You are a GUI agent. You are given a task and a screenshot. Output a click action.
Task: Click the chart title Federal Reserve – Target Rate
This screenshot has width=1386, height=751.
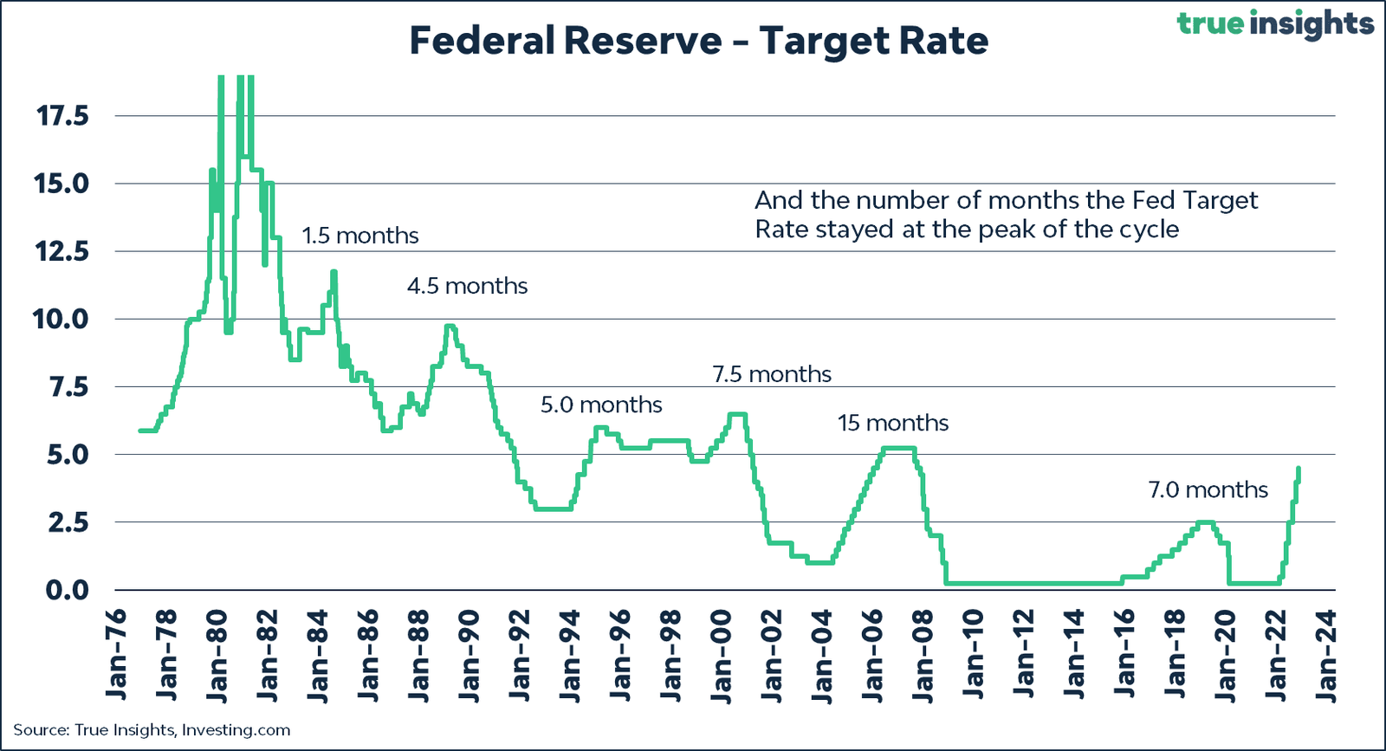(x=698, y=41)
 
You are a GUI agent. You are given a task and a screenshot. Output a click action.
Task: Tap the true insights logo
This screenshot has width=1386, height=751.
(x=1275, y=23)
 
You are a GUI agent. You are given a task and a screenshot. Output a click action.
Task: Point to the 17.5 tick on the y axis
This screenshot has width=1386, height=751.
(x=62, y=115)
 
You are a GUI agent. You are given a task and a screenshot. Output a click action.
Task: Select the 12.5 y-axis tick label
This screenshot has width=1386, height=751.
(x=62, y=251)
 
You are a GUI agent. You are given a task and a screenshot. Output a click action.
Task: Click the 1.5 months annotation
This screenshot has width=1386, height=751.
(x=359, y=236)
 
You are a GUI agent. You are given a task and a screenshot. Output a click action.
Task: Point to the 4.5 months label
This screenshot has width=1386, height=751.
(x=467, y=286)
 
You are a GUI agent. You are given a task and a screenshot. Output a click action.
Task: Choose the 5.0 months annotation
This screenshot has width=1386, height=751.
(x=601, y=405)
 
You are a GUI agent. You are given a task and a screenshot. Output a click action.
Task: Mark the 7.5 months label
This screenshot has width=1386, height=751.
(x=772, y=374)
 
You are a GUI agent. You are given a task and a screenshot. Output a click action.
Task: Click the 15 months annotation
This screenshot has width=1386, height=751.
(x=893, y=423)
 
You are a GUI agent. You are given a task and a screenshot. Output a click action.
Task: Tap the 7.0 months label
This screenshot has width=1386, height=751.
(x=1208, y=489)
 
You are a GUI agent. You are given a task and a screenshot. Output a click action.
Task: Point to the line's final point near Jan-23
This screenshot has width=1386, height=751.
(x=1299, y=469)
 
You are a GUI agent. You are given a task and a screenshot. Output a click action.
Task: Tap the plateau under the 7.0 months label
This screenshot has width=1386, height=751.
(x=1205, y=522)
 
